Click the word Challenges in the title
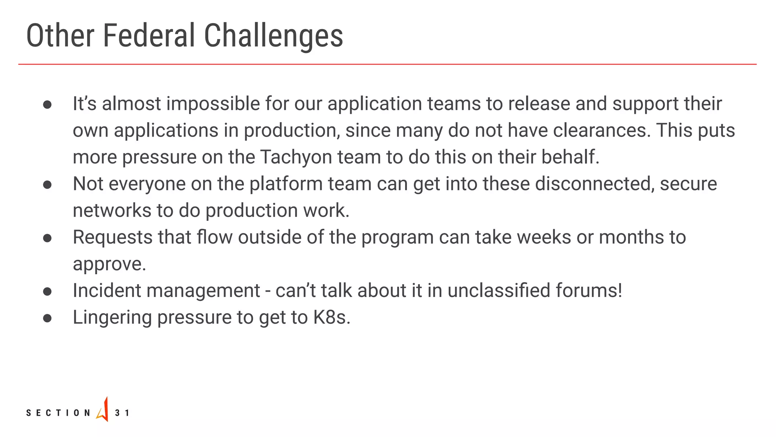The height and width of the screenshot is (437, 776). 273,36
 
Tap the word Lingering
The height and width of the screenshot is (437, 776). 112,318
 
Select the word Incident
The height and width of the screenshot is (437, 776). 107,291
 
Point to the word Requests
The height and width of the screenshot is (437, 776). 113,238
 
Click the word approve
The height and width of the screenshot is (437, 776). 109,264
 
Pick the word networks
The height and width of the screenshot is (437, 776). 111,211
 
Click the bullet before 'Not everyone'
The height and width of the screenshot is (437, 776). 47,185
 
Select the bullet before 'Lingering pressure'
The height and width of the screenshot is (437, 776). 47,318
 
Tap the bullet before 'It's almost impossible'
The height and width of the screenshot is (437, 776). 47,105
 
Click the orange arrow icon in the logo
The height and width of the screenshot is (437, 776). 103,410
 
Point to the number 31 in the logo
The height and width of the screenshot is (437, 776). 122,413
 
